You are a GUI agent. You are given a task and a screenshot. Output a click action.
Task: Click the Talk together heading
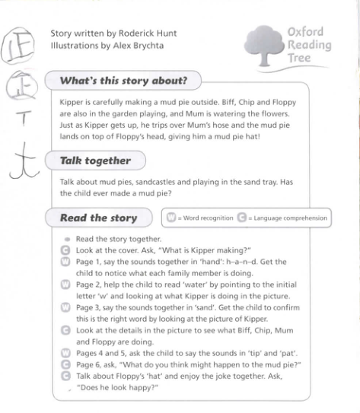(96, 160)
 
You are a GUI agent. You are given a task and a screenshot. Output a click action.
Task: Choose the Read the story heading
(98, 218)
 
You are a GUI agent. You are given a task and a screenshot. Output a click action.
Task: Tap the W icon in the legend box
(170, 218)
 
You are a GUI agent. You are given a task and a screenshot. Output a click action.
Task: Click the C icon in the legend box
(241, 218)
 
